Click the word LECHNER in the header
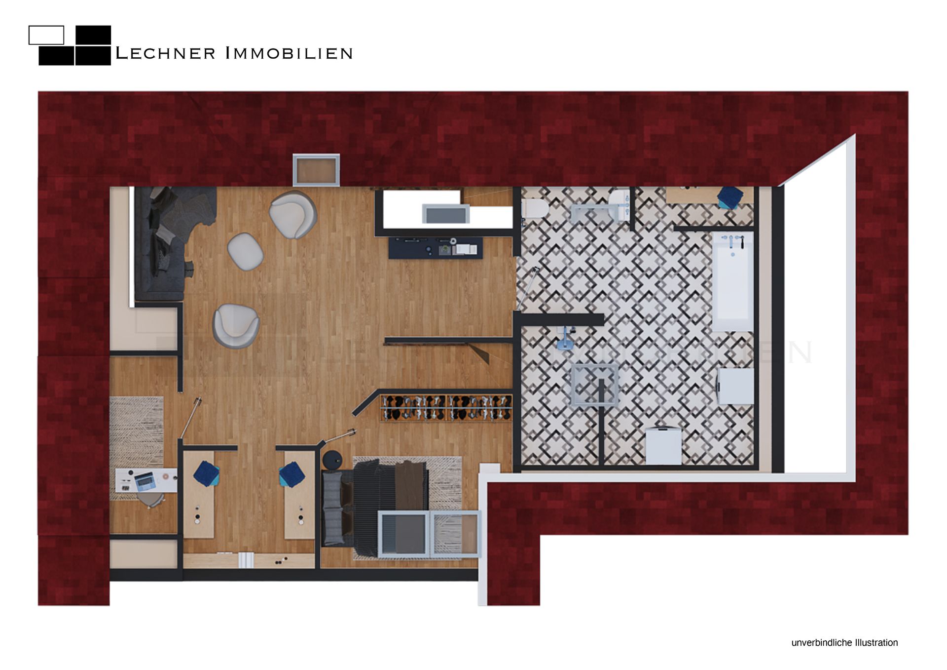click(x=165, y=53)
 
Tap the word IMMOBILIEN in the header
click(x=289, y=53)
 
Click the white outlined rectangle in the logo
click(x=46, y=35)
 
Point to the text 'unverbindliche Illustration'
click(x=844, y=642)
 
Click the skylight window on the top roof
click(x=316, y=170)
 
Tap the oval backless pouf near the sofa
click(x=245, y=251)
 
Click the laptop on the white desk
click(x=145, y=481)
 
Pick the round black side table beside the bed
click(x=332, y=460)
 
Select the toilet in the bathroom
click(x=535, y=208)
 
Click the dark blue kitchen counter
click(x=435, y=248)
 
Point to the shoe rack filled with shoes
click(x=446, y=408)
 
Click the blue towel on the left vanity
click(x=206, y=473)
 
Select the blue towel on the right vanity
click(x=292, y=474)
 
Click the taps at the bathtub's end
click(x=733, y=240)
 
